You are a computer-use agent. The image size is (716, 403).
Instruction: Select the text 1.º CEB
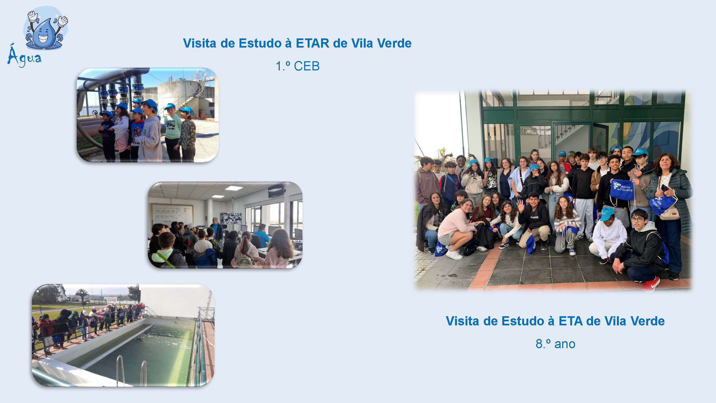click(298, 66)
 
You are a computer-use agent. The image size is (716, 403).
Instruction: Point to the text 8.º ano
click(555, 344)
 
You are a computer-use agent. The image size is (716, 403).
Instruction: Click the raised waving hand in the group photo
click(520, 205)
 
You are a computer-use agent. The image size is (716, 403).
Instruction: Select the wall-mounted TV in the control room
click(277, 192)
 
